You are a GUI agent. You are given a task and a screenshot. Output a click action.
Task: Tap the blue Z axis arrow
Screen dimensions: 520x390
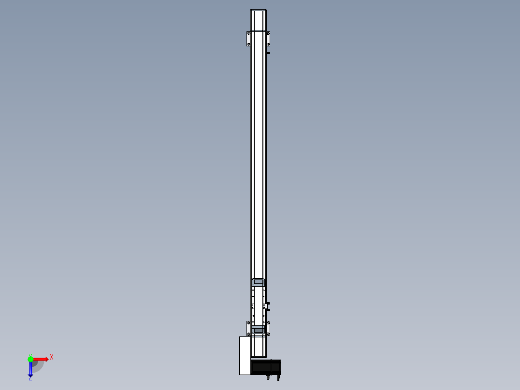[x=30, y=369]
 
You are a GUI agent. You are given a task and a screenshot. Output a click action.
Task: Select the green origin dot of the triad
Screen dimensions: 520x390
[x=30, y=359]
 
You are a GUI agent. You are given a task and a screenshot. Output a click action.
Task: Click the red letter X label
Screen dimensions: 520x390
[x=52, y=357]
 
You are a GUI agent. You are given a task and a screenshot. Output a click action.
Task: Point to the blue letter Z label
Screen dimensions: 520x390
[x=30, y=378]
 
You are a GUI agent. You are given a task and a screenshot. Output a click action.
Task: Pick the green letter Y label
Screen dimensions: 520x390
[x=30, y=355]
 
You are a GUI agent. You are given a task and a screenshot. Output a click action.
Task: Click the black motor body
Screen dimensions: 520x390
[x=266, y=367]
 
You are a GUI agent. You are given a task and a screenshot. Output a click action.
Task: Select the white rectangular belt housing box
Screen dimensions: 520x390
[x=245, y=355]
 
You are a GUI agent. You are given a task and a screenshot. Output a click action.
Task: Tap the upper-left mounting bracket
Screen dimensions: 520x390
[x=248, y=39]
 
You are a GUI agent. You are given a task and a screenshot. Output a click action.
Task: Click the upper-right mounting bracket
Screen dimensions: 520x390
[x=268, y=39]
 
